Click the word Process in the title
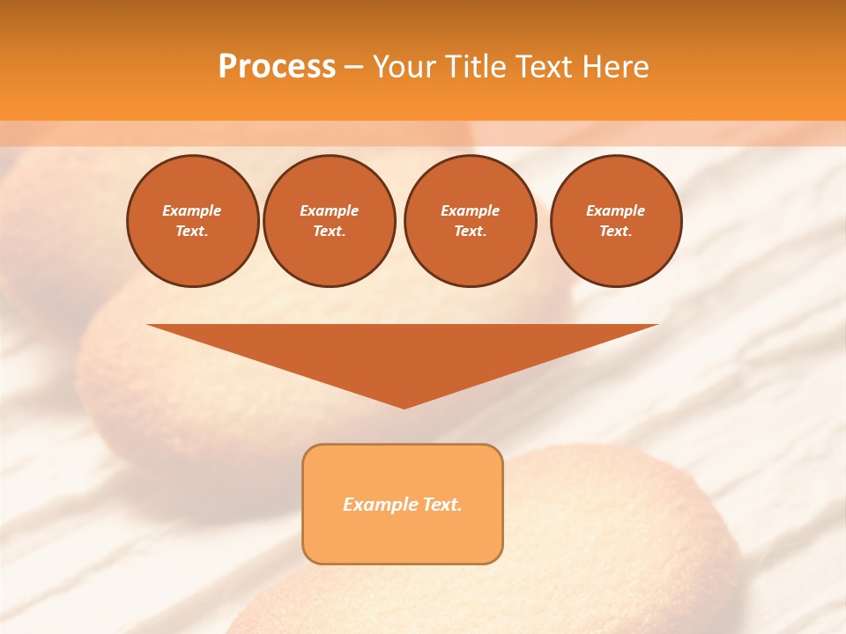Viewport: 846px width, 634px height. pos(277,67)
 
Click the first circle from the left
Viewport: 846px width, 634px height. pos(192,221)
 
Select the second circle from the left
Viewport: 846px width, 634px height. pos(329,221)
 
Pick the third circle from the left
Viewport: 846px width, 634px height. pos(470,221)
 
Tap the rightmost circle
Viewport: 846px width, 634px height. pos(615,221)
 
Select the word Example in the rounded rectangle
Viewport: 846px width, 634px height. pos(379,505)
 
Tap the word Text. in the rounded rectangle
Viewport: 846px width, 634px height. pos(441,505)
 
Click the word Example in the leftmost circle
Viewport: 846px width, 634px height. pos(192,210)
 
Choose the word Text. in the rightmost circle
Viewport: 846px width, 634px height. pos(615,232)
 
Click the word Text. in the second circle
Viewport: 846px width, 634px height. pos(329,232)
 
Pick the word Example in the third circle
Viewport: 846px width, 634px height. pos(470,210)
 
